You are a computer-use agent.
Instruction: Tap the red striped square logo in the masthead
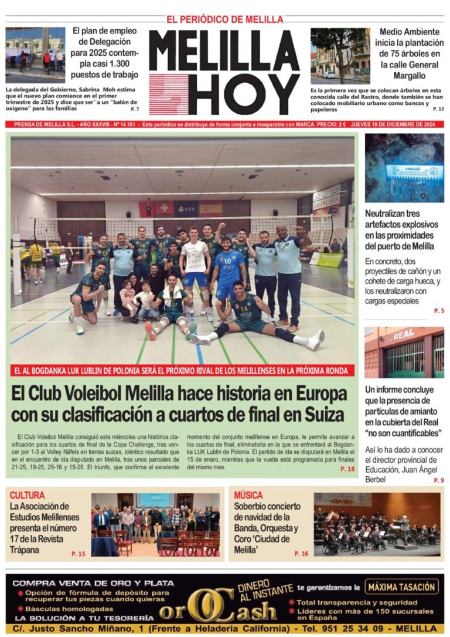[168, 94]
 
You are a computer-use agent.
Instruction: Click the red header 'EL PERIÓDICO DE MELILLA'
[225, 19]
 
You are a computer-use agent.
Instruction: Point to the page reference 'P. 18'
[347, 470]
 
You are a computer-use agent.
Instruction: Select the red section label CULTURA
[27, 495]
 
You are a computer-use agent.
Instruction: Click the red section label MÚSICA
[248, 495]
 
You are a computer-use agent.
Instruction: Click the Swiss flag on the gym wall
[164, 208]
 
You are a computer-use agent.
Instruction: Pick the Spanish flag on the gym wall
[210, 208]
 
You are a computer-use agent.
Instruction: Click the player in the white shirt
[194, 258]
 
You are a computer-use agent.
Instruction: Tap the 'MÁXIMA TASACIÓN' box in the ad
[401, 586]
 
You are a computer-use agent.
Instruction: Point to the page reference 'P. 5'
[439, 310]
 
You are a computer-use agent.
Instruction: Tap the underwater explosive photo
[404, 168]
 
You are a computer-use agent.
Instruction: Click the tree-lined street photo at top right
[340, 56]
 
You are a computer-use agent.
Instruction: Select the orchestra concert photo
[377, 524]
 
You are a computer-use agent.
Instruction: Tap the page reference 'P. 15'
[78, 554]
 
